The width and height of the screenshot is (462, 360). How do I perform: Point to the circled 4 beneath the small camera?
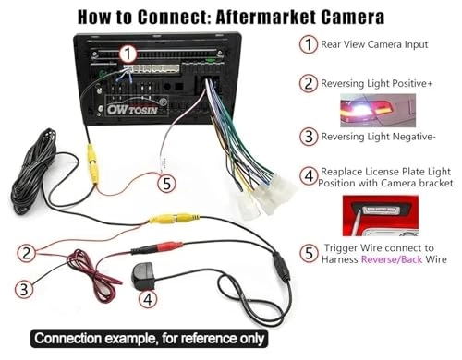click(149, 299)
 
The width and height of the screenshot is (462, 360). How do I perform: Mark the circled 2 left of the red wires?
click(29, 252)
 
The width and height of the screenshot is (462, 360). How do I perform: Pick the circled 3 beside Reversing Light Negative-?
click(306, 138)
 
